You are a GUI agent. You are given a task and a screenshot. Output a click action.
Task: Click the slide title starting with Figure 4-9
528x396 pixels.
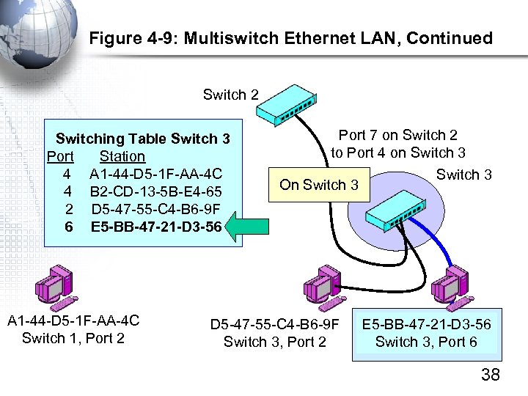click(x=291, y=38)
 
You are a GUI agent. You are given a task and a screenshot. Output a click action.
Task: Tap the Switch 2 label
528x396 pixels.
click(x=230, y=95)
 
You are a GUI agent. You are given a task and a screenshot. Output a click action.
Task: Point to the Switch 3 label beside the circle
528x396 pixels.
click(x=463, y=175)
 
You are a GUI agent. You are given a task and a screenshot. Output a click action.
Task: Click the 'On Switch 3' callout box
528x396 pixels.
click(x=319, y=185)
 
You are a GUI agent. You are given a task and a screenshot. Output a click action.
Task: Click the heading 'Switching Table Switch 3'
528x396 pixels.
click(x=143, y=139)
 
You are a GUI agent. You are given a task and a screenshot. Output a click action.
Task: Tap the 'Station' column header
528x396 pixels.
click(x=122, y=156)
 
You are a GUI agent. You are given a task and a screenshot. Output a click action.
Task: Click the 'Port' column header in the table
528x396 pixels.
click(x=60, y=156)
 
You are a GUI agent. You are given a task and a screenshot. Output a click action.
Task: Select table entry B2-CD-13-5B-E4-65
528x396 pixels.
click(x=155, y=191)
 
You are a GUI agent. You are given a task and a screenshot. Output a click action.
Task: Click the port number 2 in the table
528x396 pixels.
click(x=67, y=209)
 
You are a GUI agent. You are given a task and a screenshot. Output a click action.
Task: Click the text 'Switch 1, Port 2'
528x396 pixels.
click(x=73, y=338)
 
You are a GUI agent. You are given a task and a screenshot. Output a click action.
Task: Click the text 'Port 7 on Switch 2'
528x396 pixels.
click(x=397, y=135)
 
